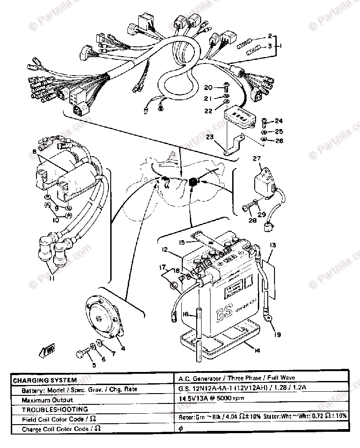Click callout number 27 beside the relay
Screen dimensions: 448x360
(x=256, y=158)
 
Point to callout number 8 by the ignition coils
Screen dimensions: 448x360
(x=35, y=152)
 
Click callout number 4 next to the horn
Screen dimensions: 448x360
(x=123, y=347)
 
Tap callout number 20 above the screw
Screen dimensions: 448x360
(x=208, y=87)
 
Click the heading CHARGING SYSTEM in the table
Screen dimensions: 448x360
(x=45, y=380)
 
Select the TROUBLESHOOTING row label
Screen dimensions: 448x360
(x=49, y=409)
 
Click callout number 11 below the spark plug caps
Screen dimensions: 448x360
(x=52, y=278)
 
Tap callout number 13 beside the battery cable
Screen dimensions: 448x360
(x=273, y=245)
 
